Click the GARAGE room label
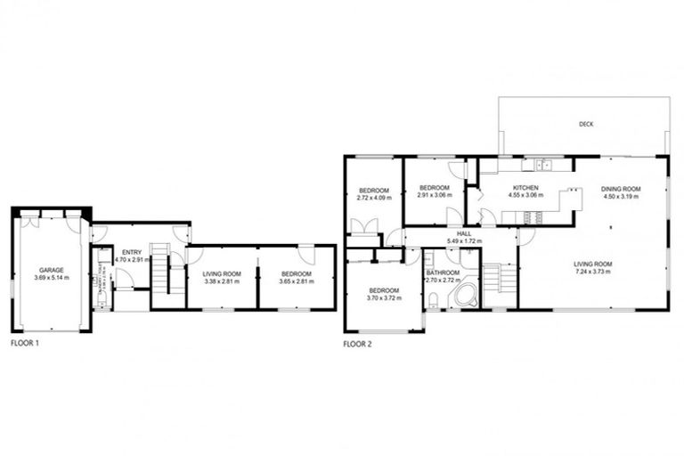[x=51, y=269]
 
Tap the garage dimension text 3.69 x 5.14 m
[x=51, y=277]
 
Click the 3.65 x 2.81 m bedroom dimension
[x=297, y=281]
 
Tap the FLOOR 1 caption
[x=25, y=342]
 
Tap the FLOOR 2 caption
[x=360, y=342]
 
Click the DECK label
[x=585, y=124]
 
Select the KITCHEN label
[x=524, y=188]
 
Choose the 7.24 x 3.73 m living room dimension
[x=594, y=272]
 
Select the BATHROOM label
[x=442, y=272]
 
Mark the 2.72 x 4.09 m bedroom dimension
[x=374, y=199]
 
